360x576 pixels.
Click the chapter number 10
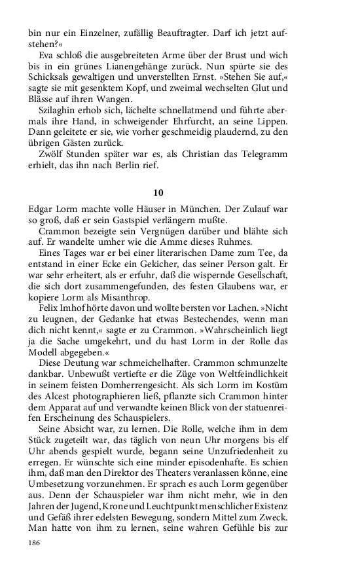[158, 192]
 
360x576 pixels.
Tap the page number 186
[34, 543]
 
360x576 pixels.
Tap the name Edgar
[41, 209]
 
